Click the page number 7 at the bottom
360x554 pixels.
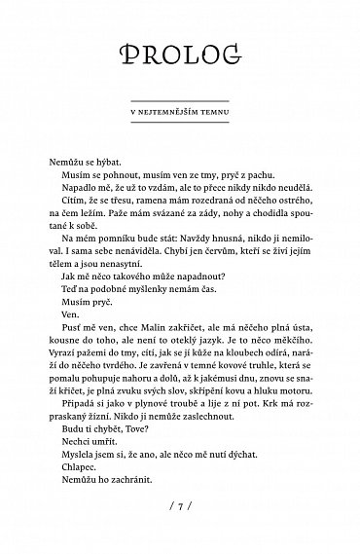click(180, 507)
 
